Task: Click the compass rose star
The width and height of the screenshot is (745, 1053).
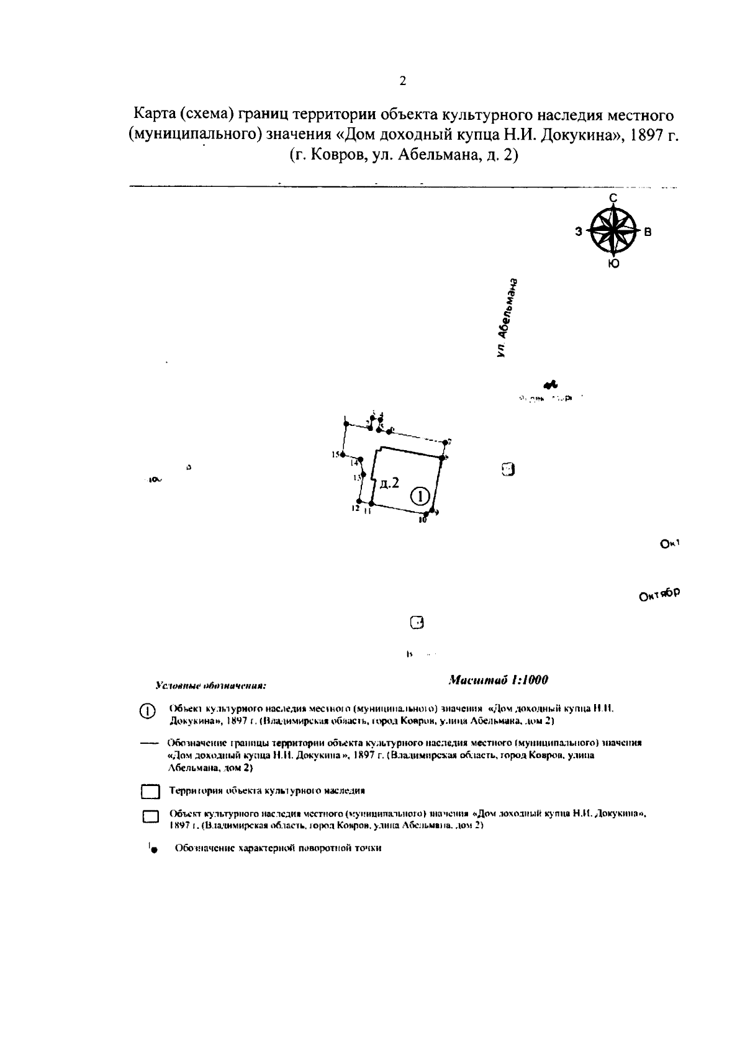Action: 613,230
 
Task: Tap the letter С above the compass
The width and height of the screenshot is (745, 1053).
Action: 613,198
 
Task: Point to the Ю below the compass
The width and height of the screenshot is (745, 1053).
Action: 613,264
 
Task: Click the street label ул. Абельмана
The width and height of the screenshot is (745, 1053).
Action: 508,317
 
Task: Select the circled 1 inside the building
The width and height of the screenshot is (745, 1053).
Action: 420,495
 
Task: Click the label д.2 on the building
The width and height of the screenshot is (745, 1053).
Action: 389,483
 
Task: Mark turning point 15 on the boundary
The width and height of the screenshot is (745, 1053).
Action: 342,455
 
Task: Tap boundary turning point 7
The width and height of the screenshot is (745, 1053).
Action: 445,443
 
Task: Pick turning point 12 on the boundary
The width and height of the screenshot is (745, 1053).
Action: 359,502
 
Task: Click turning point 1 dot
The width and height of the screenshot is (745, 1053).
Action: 346,424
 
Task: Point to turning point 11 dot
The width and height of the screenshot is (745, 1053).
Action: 371,503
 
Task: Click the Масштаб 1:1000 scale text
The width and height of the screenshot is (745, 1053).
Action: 498,680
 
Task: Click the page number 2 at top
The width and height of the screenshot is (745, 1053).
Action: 403,81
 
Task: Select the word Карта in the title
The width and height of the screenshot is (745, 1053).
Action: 153,115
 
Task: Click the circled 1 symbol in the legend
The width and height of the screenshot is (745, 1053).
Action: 147,712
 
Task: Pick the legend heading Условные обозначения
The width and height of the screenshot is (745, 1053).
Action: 210,687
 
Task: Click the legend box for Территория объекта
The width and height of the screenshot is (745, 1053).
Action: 150,792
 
